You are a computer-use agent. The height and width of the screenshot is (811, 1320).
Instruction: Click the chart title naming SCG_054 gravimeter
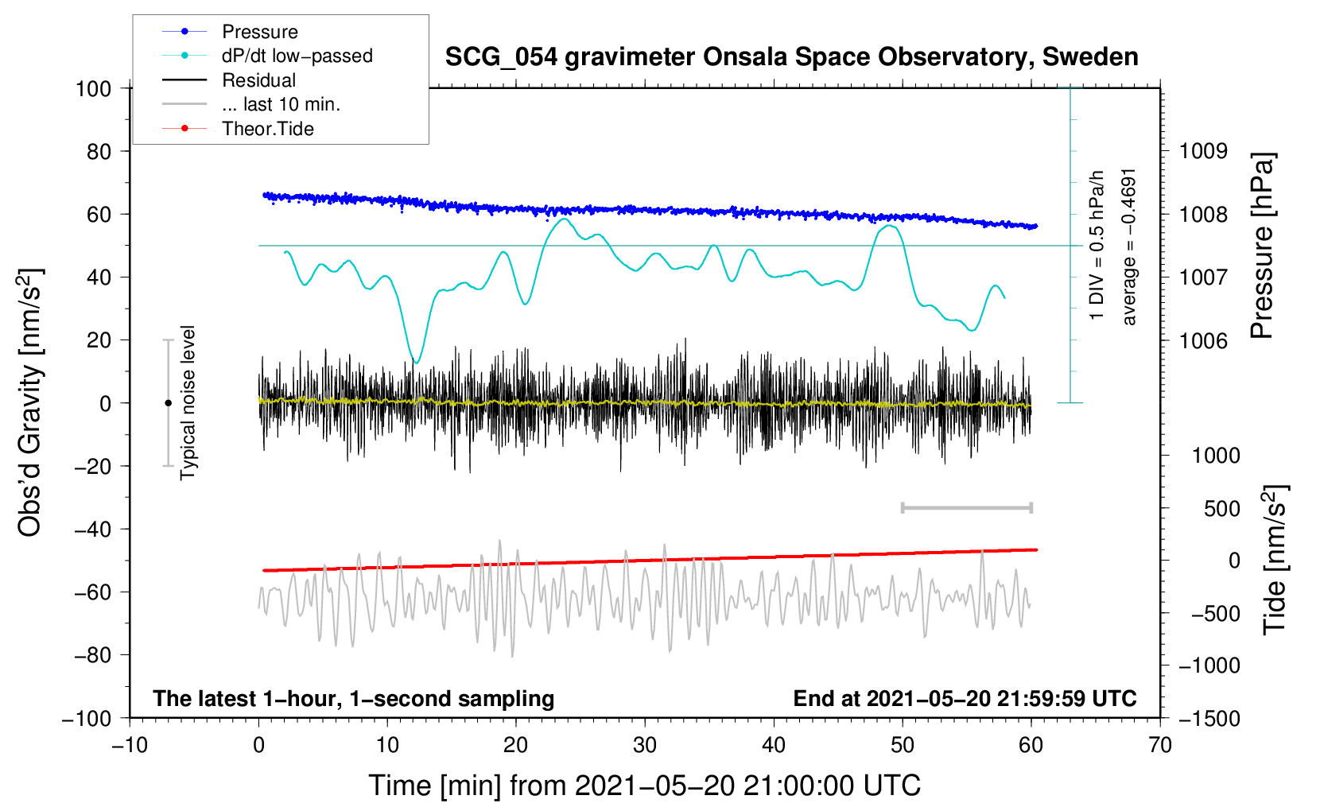791,57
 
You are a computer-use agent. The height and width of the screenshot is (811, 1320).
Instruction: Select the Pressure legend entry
259,32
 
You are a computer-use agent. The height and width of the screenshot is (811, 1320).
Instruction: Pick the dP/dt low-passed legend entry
297,56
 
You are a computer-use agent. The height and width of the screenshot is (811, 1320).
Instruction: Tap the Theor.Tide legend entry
267,129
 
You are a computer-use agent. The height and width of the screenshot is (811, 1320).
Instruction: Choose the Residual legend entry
258,80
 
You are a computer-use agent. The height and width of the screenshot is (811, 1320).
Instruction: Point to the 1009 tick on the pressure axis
1203,151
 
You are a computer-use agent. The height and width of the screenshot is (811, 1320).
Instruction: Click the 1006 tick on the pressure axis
1203,341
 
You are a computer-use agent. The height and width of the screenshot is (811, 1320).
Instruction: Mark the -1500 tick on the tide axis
1209,718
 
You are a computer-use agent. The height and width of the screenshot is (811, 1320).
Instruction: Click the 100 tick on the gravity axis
93,88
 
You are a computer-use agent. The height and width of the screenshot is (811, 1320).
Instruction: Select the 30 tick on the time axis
645,745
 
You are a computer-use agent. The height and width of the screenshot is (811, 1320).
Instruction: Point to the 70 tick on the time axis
1160,745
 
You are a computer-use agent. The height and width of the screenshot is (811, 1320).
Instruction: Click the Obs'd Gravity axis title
30,403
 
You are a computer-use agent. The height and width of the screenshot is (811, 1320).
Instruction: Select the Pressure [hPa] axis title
1262,246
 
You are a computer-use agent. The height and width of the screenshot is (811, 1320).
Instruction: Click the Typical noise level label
188,402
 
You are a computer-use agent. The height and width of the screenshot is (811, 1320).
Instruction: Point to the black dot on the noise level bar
168,403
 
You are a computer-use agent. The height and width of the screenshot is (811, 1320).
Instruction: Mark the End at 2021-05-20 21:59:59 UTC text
965,698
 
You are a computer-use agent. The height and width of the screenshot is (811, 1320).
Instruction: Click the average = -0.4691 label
1129,246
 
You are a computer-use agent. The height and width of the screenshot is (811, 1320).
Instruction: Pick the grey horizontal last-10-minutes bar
966,508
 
